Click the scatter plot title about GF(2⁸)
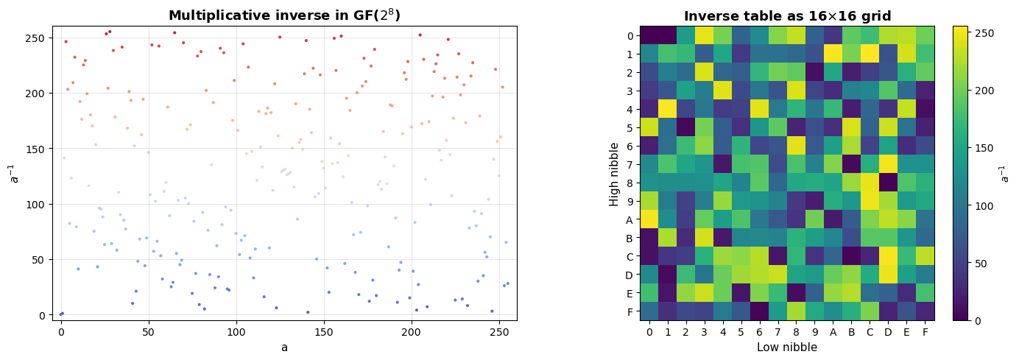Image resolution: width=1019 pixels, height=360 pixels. pyautogui.click(x=284, y=15)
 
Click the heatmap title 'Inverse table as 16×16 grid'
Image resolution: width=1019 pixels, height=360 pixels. pyautogui.click(x=787, y=16)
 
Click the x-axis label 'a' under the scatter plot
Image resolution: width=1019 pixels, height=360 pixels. pyautogui.click(x=284, y=347)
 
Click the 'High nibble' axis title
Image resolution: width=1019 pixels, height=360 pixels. pyautogui.click(x=614, y=173)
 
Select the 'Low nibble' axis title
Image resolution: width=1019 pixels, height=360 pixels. pyautogui.click(x=787, y=347)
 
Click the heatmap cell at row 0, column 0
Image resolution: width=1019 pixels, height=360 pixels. pyautogui.click(x=649, y=35)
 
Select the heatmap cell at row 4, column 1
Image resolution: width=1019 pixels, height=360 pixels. pyautogui.click(x=668, y=109)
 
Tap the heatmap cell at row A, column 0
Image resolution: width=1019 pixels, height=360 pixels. pyautogui.click(x=649, y=219)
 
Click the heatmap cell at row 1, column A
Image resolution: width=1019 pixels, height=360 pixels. pyautogui.click(x=833, y=54)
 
